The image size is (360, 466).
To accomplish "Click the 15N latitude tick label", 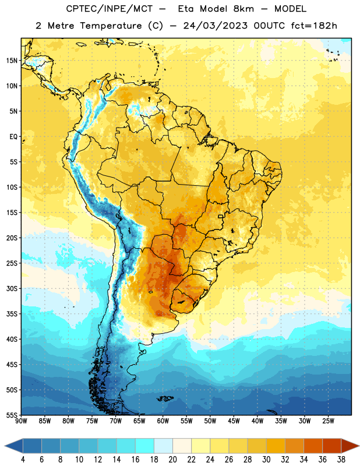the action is (12, 61).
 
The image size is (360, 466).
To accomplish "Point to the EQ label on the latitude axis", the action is (13, 137).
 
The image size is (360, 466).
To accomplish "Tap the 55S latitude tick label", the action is (12, 415).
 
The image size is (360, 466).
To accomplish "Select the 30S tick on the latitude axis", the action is (12, 288).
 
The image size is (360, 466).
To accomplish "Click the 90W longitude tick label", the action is (22, 421).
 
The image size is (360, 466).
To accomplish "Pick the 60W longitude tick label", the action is (163, 421).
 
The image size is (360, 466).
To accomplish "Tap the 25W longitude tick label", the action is (328, 421).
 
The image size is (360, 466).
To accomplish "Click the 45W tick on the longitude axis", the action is (234, 421).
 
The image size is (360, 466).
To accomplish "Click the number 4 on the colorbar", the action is (23, 460).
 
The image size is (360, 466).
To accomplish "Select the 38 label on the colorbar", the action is (341, 460).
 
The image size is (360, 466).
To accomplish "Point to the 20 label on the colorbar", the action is (172, 460).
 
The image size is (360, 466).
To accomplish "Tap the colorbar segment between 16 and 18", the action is (144, 446).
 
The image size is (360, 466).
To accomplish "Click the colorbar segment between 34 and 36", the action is (313, 446).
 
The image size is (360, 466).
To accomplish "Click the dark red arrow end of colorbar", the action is (350, 446).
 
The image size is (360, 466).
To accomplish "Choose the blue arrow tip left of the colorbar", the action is (5, 446).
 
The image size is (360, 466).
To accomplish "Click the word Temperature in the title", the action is (111, 26).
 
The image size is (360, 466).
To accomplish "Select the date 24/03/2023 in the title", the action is (215, 26).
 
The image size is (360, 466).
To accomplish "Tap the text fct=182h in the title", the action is (314, 26).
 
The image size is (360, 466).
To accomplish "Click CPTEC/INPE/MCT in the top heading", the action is (109, 9).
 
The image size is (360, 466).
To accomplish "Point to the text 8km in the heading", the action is (243, 9).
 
